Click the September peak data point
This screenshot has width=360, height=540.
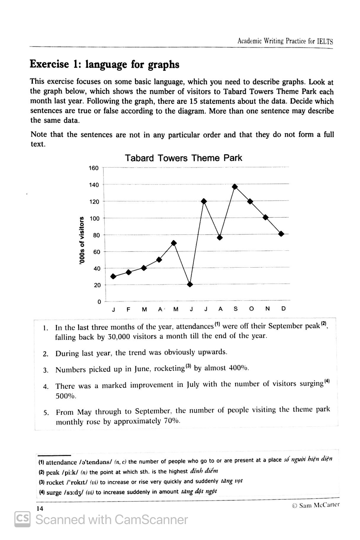click(x=235, y=187)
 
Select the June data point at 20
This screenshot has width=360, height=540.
click(x=190, y=285)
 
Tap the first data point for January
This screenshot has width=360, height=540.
click(x=113, y=277)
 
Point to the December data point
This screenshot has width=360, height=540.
click(x=281, y=234)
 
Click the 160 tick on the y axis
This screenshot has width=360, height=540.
click(x=94, y=168)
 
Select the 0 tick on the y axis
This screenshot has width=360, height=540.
click(x=99, y=302)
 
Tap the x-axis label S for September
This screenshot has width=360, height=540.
click(x=235, y=309)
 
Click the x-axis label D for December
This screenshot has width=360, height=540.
click(x=283, y=308)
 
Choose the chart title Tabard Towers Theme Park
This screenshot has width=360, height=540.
click(x=183, y=158)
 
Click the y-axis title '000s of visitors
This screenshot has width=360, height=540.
click(x=82, y=240)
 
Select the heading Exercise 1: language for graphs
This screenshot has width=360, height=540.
click(x=105, y=64)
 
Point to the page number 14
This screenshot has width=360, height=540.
click(x=40, y=508)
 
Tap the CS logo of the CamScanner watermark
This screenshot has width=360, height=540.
click(x=22, y=520)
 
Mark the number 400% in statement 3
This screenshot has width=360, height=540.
click(x=239, y=368)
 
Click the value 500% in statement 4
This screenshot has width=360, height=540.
click(x=66, y=396)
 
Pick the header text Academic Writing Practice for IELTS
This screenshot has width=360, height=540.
click(x=285, y=41)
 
